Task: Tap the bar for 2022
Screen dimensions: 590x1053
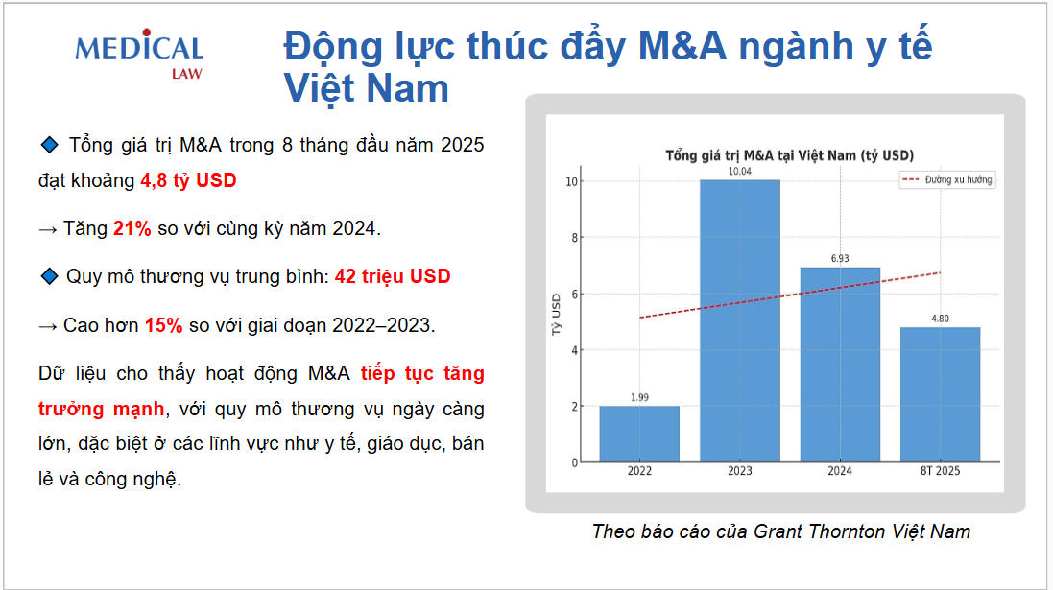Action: [639, 434]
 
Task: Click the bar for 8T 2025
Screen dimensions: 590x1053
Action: [940, 394]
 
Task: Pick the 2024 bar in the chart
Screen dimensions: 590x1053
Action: [840, 365]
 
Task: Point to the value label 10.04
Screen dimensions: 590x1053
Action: [739, 172]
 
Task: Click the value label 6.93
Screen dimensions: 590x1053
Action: [840, 259]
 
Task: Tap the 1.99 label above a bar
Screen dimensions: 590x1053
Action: [639, 397]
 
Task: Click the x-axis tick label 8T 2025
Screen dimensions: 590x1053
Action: [940, 471]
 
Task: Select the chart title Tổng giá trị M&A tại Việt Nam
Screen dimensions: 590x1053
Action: [789, 155]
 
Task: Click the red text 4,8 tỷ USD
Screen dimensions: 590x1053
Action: [188, 179]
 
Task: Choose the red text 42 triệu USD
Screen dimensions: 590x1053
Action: [392, 276]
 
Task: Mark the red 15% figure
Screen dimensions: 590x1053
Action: [163, 325]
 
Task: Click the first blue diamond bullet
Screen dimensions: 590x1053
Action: [50, 145]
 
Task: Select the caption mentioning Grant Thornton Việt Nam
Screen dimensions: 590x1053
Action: [780, 531]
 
